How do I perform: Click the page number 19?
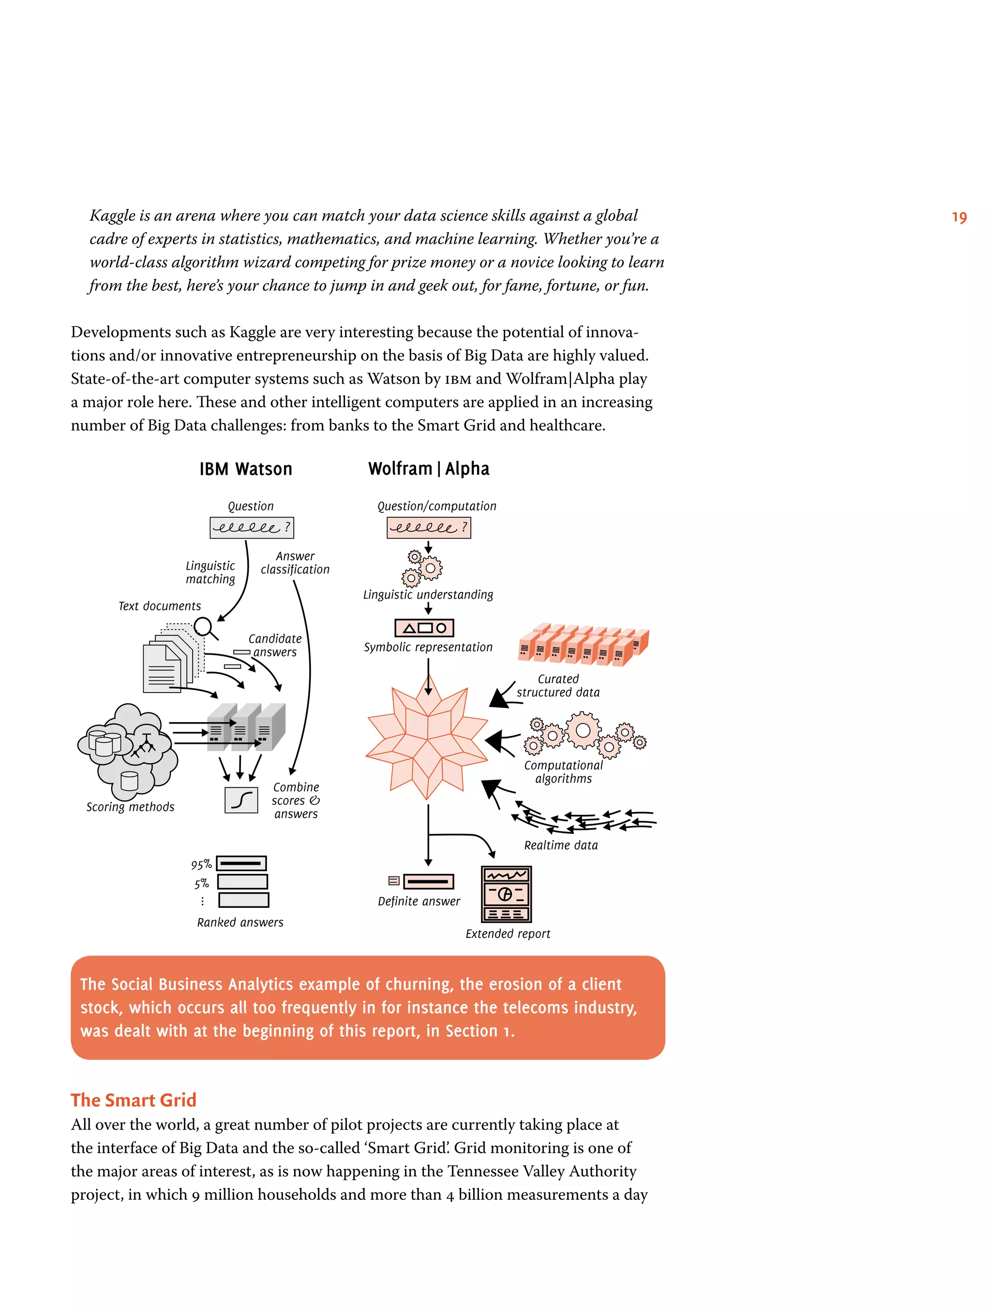pos(959,218)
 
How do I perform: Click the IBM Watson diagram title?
pos(245,469)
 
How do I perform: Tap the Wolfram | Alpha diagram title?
pos(428,468)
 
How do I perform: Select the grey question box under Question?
pos(252,528)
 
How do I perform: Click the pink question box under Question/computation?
pos(428,528)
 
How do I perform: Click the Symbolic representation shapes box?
pos(423,628)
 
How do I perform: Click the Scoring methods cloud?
pos(128,750)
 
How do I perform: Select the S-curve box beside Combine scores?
pos(241,800)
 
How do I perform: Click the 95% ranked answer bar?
pos(241,863)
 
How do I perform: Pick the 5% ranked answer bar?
pos(242,882)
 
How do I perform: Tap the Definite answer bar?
pos(428,881)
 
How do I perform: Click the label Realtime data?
pos(560,845)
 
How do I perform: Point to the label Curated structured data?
pos(557,686)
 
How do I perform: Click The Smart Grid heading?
pos(134,1100)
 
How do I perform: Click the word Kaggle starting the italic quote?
pos(113,216)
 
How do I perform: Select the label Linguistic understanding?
pos(428,594)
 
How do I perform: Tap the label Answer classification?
pos(295,563)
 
